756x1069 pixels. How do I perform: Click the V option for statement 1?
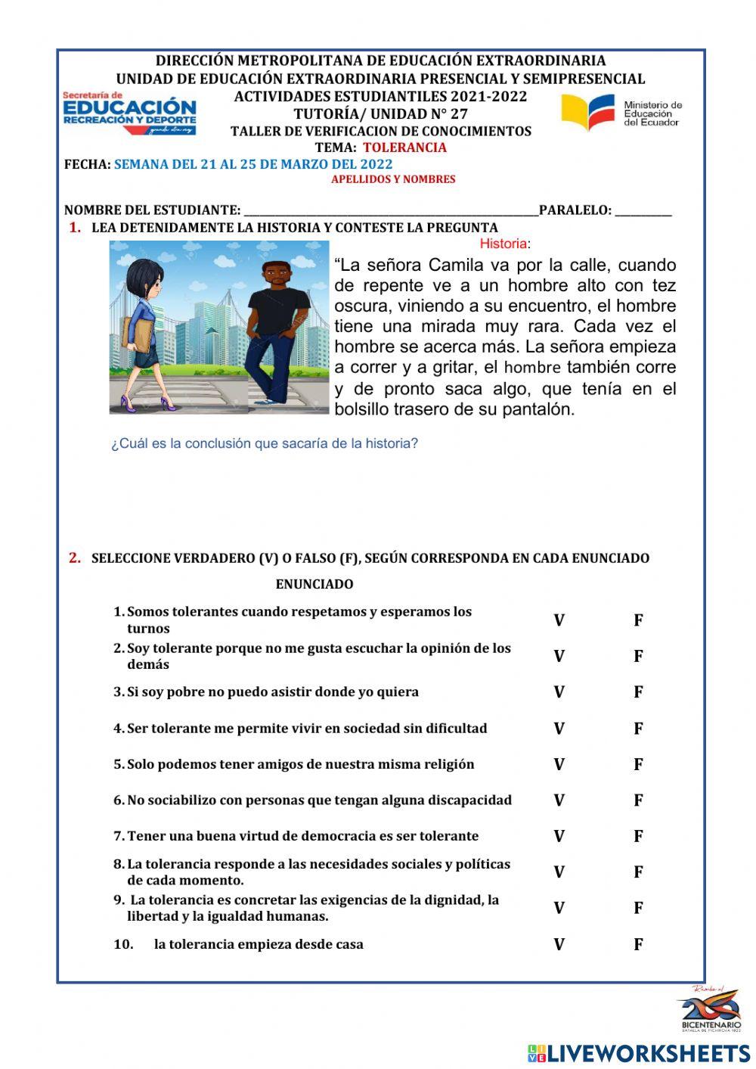click(559, 620)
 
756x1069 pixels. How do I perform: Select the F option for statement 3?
click(638, 692)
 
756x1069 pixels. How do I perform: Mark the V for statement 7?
click(559, 836)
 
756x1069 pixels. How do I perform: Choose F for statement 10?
click(638, 944)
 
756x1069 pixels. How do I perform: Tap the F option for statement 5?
click(638, 764)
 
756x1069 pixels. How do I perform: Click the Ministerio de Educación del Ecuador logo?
click(621, 113)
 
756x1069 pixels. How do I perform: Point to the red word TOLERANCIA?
click(404, 148)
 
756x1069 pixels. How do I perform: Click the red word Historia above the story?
click(504, 244)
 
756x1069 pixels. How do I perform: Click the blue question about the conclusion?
click(265, 443)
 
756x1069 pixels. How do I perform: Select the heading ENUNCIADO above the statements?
click(314, 584)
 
